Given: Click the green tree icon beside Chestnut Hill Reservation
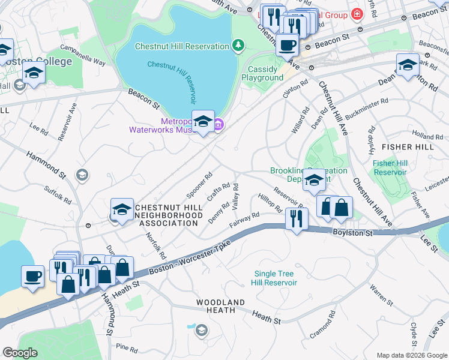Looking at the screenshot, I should tap(238, 46).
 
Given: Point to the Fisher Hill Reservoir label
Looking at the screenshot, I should tap(390, 167).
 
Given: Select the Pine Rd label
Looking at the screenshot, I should tap(127, 347).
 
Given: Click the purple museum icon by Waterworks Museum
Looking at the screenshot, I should tap(218, 125).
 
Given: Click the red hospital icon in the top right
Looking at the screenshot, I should tap(358, 13).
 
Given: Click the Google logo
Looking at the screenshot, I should tap(20, 353).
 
